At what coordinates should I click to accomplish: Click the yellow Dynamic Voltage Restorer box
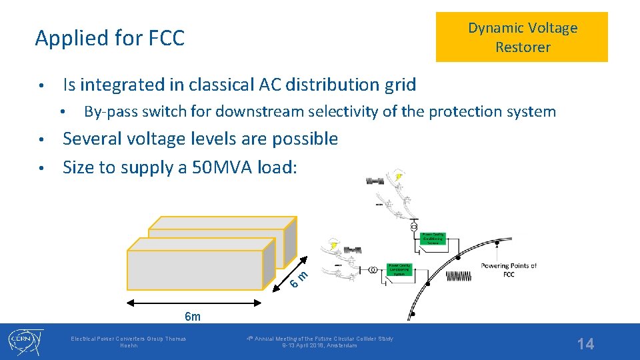pos(522,37)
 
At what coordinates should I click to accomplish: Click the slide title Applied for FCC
pos(109,39)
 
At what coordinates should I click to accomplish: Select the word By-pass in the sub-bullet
pos(107,111)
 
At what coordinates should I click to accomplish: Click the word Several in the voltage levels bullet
pos(92,139)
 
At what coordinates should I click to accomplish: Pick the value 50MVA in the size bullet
pos(220,167)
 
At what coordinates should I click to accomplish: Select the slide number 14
pos(585,344)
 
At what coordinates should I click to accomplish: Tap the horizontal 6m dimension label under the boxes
pos(192,316)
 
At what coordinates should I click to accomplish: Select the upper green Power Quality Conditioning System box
pos(433,239)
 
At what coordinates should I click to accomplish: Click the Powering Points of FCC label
pos(509,270)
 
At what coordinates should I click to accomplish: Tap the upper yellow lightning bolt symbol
pos(399,177)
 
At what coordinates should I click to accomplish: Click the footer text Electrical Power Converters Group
pos(129,342)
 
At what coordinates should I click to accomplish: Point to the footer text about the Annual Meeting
pos(319,342)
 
